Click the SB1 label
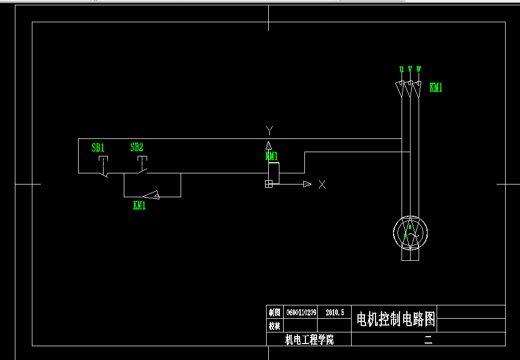coord(98,148)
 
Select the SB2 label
coord(137,147)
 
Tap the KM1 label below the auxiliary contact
coord(139,206)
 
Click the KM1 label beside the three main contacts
coord(436,88)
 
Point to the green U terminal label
coord(402,69)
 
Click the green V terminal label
coord(410,69)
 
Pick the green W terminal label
coord(419,69)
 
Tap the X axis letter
coord(322,185)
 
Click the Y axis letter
coord(269,130)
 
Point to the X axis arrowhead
coord(307,184)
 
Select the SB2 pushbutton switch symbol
coord(142,166)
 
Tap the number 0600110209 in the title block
coord(301,312)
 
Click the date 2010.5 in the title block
coord(335,312)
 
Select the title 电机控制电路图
coord(396,319)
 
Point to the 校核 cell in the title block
coord(275,326)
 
